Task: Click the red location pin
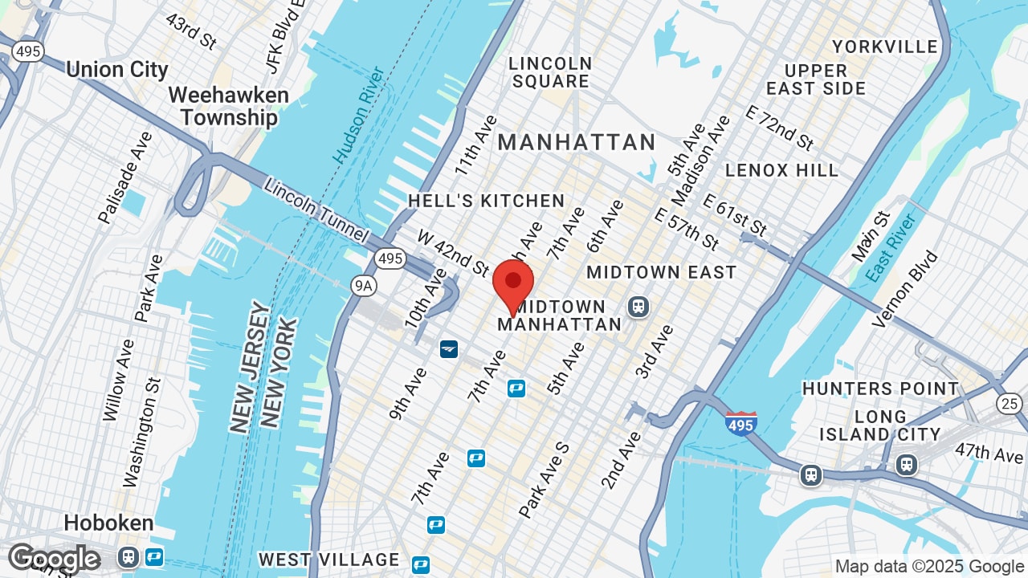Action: click(513, 283)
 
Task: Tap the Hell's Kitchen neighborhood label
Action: click(486, 201)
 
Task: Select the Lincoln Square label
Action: click(550, 72)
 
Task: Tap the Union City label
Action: click(117, 69)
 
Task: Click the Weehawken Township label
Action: click(228, 106)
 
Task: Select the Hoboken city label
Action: click(108, 523)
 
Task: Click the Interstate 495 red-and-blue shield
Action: click(740, 422)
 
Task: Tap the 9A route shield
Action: click(364, 284)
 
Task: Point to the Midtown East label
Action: click(661, 272)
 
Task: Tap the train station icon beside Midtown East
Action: click(638, 306)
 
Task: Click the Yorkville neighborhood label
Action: click(884, 47)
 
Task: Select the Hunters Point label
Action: click(880, 389)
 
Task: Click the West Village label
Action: click(328, 559)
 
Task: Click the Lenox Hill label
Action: click(781, 170)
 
